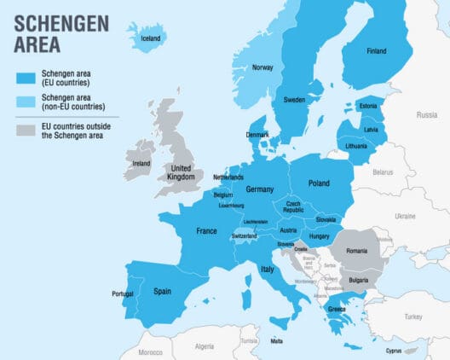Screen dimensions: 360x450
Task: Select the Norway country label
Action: click(262, 67)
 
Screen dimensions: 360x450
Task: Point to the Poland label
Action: click(319, 183)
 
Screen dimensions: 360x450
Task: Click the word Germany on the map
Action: click(258, 189)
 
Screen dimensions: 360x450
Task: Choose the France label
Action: click(207, 231)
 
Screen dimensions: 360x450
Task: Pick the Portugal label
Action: click(123, 294)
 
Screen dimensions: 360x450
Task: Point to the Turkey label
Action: click(413, 316)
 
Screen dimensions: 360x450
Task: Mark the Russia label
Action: click(426, 114)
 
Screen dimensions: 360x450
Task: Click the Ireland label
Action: click(141, 164)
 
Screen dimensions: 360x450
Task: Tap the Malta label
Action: click(276, 341)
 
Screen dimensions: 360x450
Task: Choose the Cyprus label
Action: click(392, 350)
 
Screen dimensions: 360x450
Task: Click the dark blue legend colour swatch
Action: click(27, 79)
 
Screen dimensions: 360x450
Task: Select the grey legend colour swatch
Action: click(27, 130)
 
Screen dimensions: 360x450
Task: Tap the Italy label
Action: click(268, 270)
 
